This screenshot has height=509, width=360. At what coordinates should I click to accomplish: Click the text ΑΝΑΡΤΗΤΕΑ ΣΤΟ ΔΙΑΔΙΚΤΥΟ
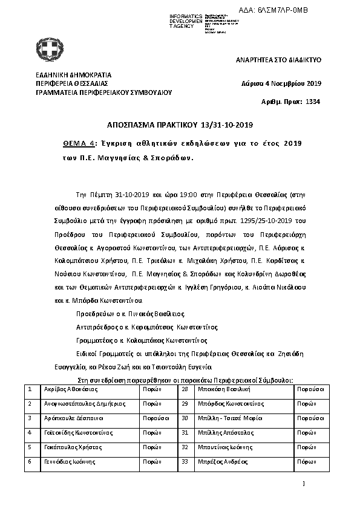[278, 61]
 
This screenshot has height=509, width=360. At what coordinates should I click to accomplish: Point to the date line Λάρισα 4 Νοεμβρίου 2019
[281, 83]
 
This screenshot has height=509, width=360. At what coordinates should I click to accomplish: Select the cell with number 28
[186, 389]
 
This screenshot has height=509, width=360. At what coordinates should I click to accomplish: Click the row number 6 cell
[30, 461]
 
